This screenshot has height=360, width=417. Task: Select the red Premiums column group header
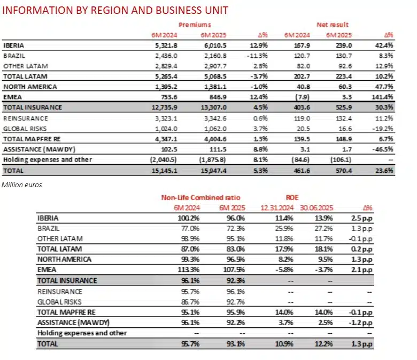coord(195,25)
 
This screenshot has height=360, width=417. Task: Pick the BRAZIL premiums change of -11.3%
coord(256,55)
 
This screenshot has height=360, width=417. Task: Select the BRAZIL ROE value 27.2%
coord(327,228)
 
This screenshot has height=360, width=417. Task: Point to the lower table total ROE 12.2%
coord(327,343)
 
